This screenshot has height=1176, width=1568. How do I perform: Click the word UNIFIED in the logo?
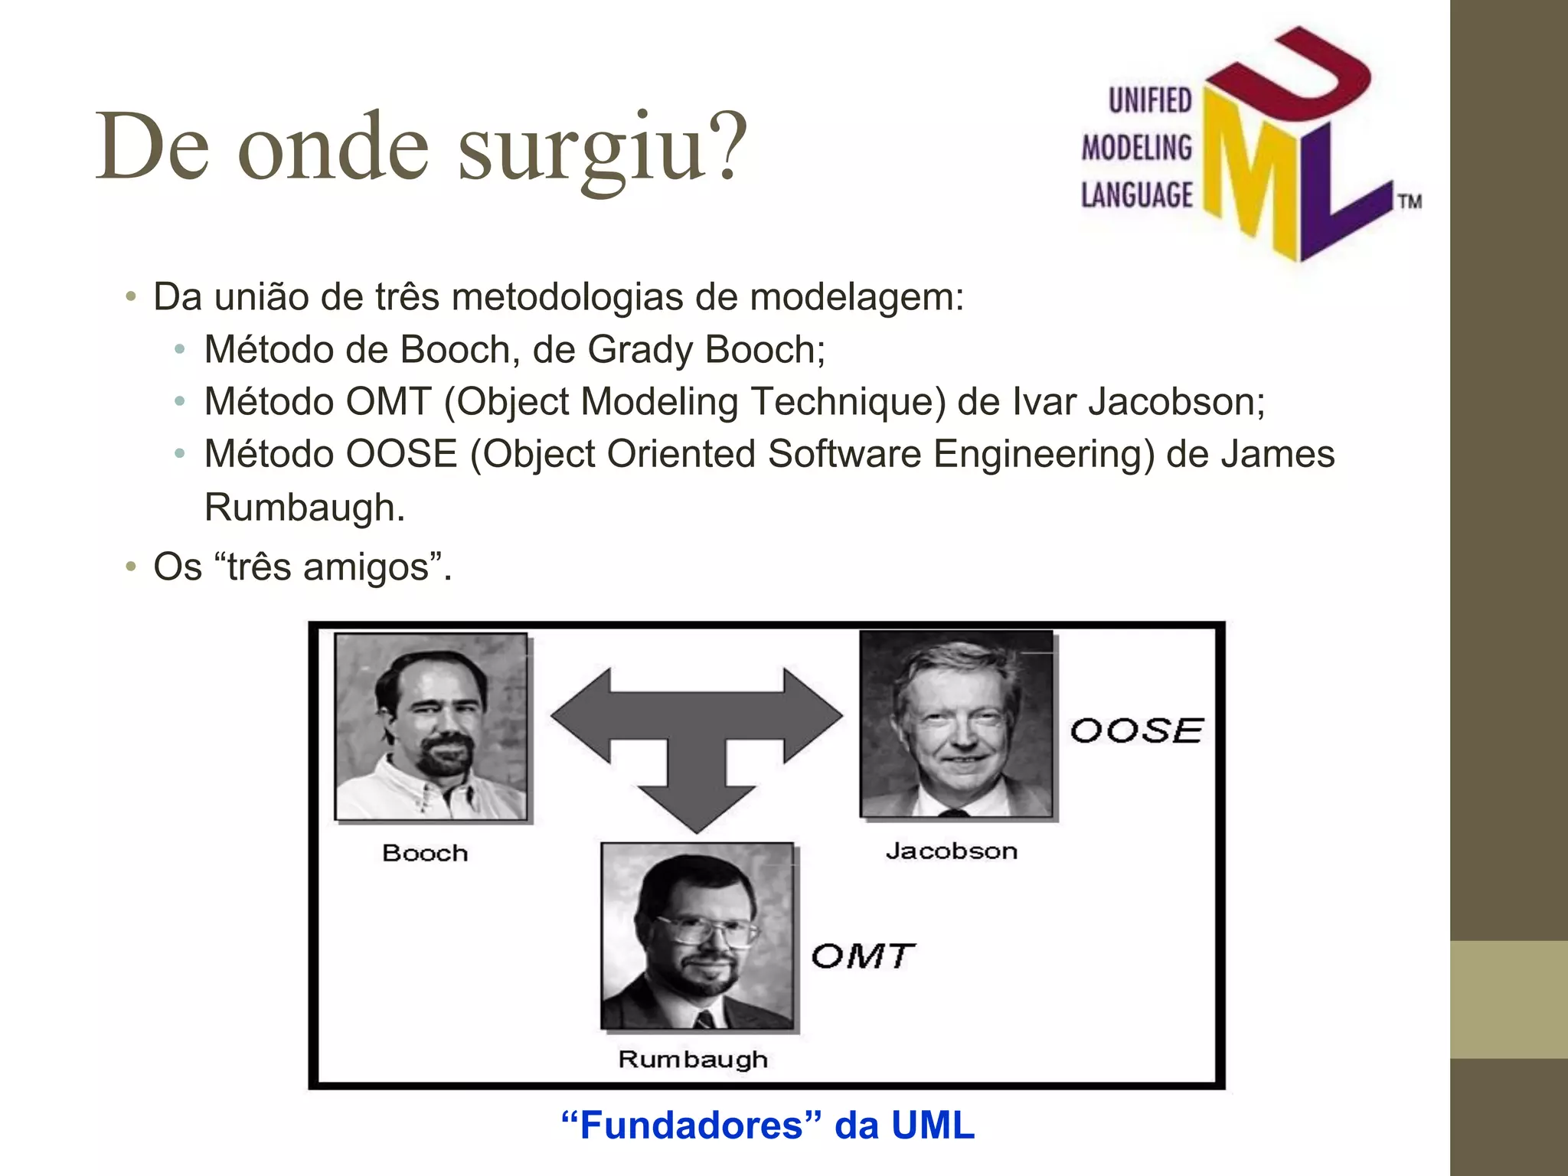(1150, 101)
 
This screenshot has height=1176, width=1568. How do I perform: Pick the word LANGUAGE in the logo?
(1136, 195)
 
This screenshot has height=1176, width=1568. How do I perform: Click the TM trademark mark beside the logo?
(1410, 202)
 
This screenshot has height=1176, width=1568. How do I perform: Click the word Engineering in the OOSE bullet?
(1043, 455)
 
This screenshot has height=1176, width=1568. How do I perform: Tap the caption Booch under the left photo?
(425, 853)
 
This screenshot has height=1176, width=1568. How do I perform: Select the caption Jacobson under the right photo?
(952, 851)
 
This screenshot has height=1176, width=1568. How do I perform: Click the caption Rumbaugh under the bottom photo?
(693, 1060)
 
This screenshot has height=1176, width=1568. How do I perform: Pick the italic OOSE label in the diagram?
(1136, 731)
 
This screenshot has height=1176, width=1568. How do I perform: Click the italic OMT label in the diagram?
(863, 956)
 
